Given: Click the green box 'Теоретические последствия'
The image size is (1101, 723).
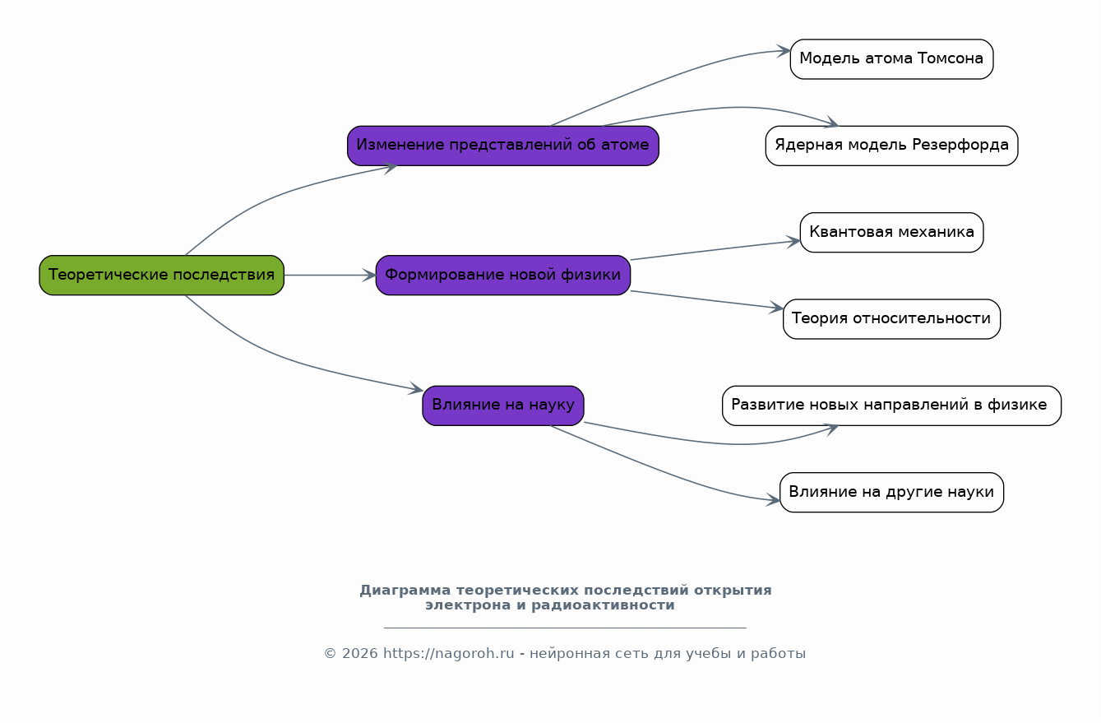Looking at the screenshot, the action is click(162, 275).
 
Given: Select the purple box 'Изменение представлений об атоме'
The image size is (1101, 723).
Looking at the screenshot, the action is click(503, 146).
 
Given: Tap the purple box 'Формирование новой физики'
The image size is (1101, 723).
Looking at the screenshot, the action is click(503, 275).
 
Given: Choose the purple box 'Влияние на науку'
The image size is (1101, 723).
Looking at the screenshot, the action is click(503, 406).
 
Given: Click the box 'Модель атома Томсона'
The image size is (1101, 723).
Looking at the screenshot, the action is click(891, 59).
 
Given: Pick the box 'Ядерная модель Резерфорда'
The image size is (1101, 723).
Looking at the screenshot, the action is click(891, 146).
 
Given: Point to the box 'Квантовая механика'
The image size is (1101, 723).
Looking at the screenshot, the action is click(891, 232).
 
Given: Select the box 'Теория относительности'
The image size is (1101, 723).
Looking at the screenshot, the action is click(891, 318).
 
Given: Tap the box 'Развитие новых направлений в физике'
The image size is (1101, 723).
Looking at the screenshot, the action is click(891, 406).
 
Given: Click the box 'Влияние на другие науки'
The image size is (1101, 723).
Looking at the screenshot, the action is click(891, 493).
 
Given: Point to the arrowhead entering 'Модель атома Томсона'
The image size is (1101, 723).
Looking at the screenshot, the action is click(784, 51).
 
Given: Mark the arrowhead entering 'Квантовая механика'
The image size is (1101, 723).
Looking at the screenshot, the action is click(793, 242).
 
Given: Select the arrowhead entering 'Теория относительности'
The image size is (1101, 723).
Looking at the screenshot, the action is click(776, 308).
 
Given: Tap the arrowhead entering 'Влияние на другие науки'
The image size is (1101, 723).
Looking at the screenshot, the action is click(773, 500).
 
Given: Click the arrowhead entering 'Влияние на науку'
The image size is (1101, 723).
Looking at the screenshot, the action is click(416, 389).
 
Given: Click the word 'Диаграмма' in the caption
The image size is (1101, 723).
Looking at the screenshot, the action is click(405, 591).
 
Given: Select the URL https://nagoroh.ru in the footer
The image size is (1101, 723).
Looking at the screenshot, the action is click(448, 654).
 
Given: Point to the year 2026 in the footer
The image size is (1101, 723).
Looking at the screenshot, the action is click(360, 654).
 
